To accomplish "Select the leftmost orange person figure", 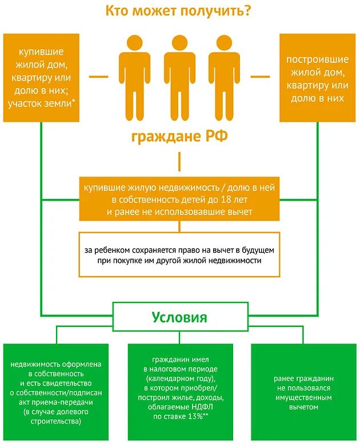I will click(x=134, y=77).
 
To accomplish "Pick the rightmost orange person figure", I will click(x=224, y=77).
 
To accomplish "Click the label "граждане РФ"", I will click(x=179, y=138).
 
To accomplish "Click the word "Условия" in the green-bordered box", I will click(x=179, y=317).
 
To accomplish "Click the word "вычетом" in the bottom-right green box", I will click(x=303, y=407).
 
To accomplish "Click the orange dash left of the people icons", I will click(x=99, y=75).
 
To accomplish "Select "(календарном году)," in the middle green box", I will click(x=179, y=379).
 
